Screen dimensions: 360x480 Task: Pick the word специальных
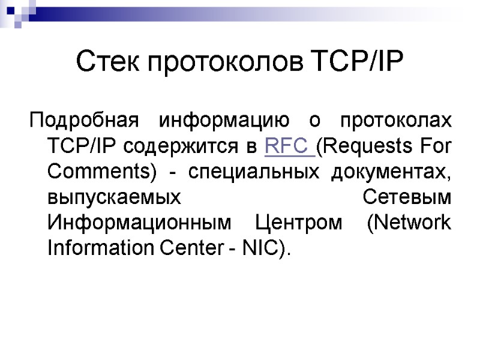pyautogui.click(x=254, y=171)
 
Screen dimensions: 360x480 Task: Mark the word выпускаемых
pyautogui.click(x=113, y=197)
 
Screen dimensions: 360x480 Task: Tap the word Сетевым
pyautogui.click(x=407, y=197)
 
